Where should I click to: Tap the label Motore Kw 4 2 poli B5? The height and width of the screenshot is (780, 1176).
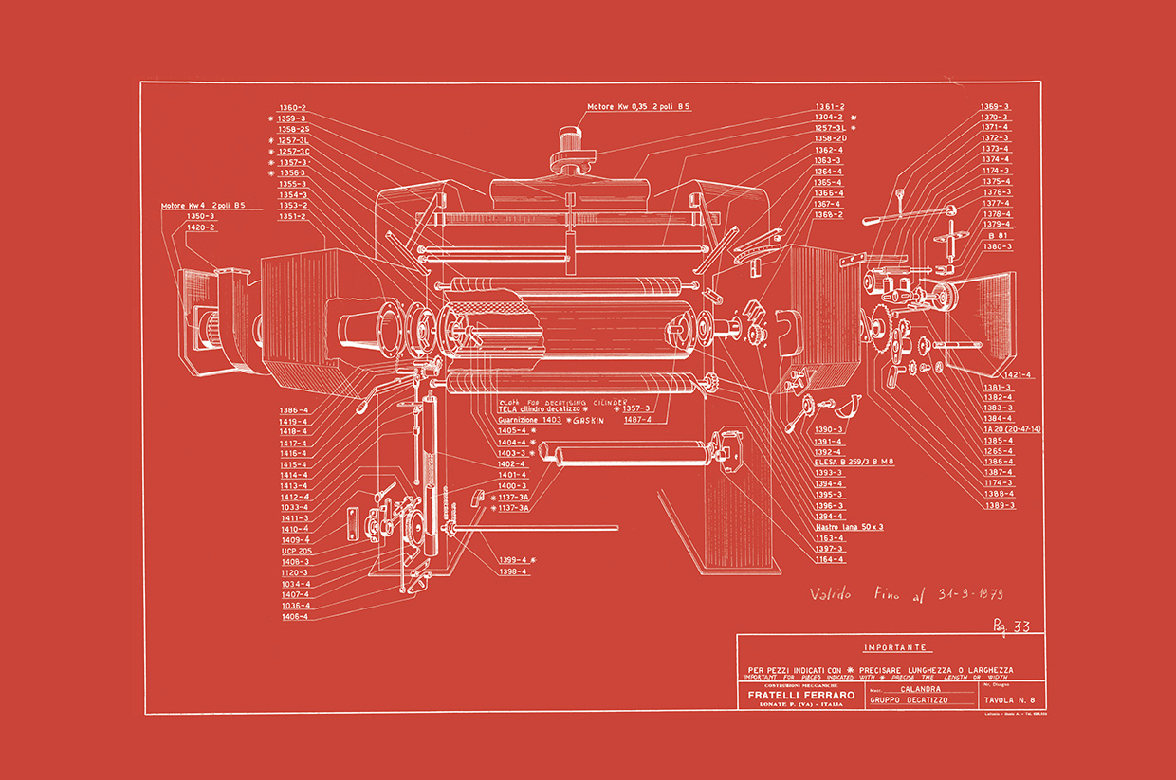click(203, 206)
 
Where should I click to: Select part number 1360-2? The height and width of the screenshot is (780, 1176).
click(292, 108)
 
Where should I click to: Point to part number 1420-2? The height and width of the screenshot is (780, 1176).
click(201, 227)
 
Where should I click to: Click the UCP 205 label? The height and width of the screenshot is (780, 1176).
click(296, 551)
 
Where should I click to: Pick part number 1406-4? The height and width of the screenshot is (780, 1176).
click(294, 617)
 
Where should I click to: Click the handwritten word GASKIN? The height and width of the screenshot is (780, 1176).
click(588, 419)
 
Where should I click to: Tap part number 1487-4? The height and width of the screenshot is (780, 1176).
click(637, 419)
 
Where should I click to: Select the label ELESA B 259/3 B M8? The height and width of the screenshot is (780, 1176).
click(854, 462)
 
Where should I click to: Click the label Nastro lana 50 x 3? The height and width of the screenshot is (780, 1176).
click(849, 527)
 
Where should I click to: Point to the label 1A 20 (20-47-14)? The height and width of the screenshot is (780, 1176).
click(1012, 429)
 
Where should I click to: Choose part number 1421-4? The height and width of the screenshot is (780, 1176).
click(1019, 375)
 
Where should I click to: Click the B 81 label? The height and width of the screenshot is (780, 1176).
click(997, 235)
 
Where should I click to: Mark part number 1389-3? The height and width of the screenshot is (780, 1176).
click(999, 505)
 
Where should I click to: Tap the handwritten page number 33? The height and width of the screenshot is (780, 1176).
click(1014, 626)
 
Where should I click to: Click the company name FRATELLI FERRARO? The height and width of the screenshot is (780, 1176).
click(794, 695)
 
